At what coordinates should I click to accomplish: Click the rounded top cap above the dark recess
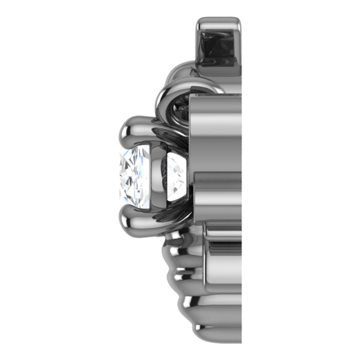[218, 22]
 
